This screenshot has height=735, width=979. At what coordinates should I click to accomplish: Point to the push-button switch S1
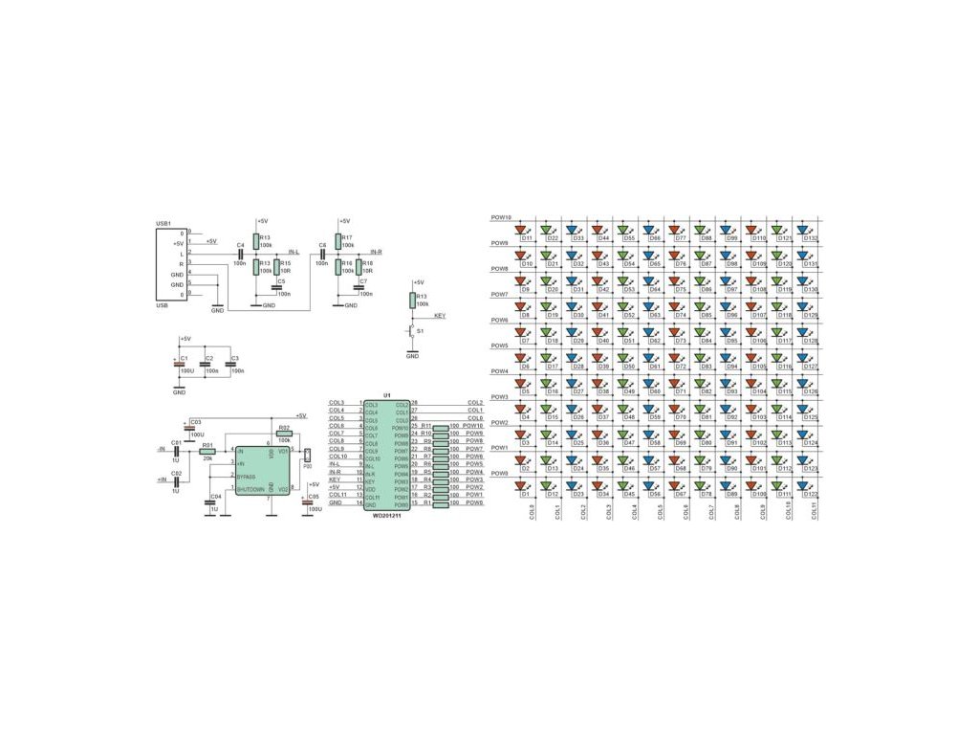click(412, 331)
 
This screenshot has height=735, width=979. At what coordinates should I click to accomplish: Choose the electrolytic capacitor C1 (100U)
click(180, 365)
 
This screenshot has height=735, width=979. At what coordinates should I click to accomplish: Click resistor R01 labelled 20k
click(207, 450)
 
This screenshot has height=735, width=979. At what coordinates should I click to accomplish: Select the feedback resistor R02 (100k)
click(283, 434)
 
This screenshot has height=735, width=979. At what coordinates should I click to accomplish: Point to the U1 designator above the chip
click(387, 394)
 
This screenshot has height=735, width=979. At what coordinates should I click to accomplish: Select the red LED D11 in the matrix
click(522, 230)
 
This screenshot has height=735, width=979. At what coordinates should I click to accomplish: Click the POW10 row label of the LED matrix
click(501, 217)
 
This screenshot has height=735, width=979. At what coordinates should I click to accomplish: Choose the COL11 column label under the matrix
click(815, 511)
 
